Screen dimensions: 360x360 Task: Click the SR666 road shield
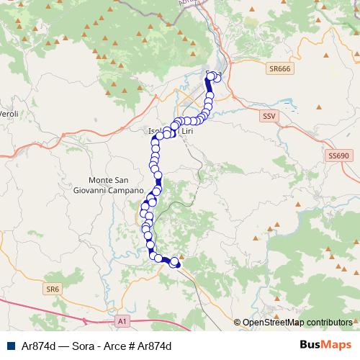[279, 69]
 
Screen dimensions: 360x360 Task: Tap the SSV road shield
[268, 115]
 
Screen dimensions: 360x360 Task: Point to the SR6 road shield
[51, 289]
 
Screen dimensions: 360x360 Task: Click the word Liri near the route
[187, 132]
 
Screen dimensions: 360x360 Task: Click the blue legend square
[10, 346]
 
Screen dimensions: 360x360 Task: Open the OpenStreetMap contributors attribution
[297, 323]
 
